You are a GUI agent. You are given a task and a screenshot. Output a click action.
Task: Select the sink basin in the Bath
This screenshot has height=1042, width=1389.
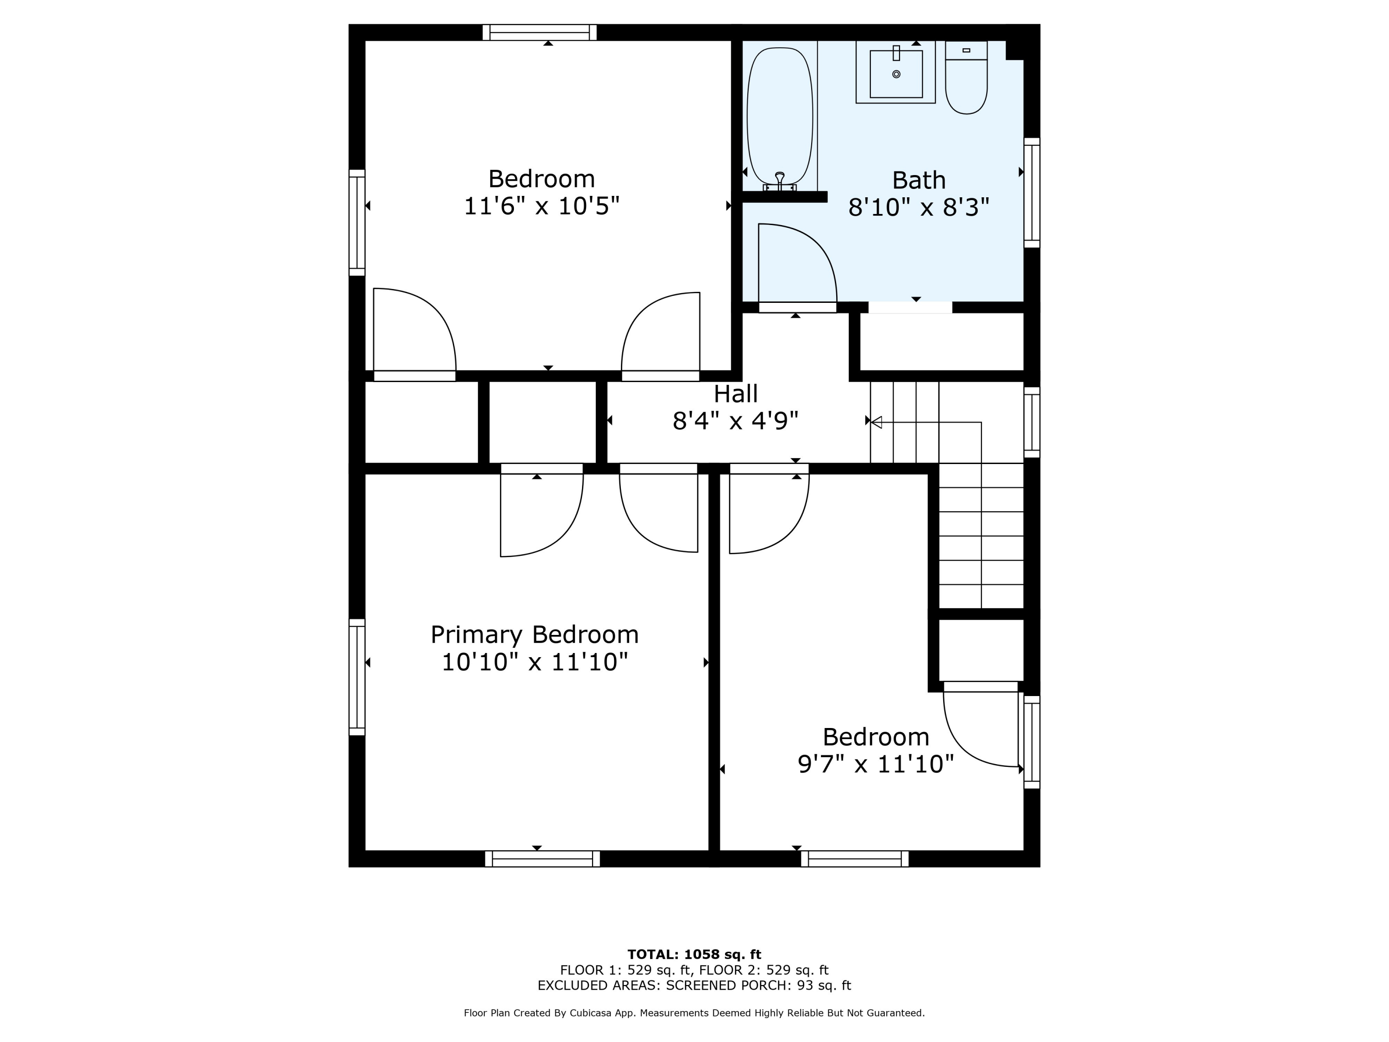[896, 74]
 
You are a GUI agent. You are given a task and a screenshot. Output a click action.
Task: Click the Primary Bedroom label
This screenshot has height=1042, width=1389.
[534, 635]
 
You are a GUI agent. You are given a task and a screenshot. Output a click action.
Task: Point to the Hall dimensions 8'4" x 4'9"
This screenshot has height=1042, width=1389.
[735, 421]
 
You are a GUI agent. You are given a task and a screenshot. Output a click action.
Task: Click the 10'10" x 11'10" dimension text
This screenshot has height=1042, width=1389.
[534, 662]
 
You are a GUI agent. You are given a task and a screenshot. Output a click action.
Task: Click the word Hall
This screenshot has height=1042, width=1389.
[735, 394]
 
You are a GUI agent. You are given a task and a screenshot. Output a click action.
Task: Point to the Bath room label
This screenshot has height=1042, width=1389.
[919, 180]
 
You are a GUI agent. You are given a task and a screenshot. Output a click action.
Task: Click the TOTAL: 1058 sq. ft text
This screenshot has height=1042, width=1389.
[694, 954]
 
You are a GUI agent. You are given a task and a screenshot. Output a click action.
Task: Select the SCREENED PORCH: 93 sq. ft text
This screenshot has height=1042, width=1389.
[758, 986]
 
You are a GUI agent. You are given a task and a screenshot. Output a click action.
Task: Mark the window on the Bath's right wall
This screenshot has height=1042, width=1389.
[1032, 192]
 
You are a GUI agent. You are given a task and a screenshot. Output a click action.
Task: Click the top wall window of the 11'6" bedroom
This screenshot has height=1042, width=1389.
[539, 32]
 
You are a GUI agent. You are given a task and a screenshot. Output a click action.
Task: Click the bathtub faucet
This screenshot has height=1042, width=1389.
[780, 181]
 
